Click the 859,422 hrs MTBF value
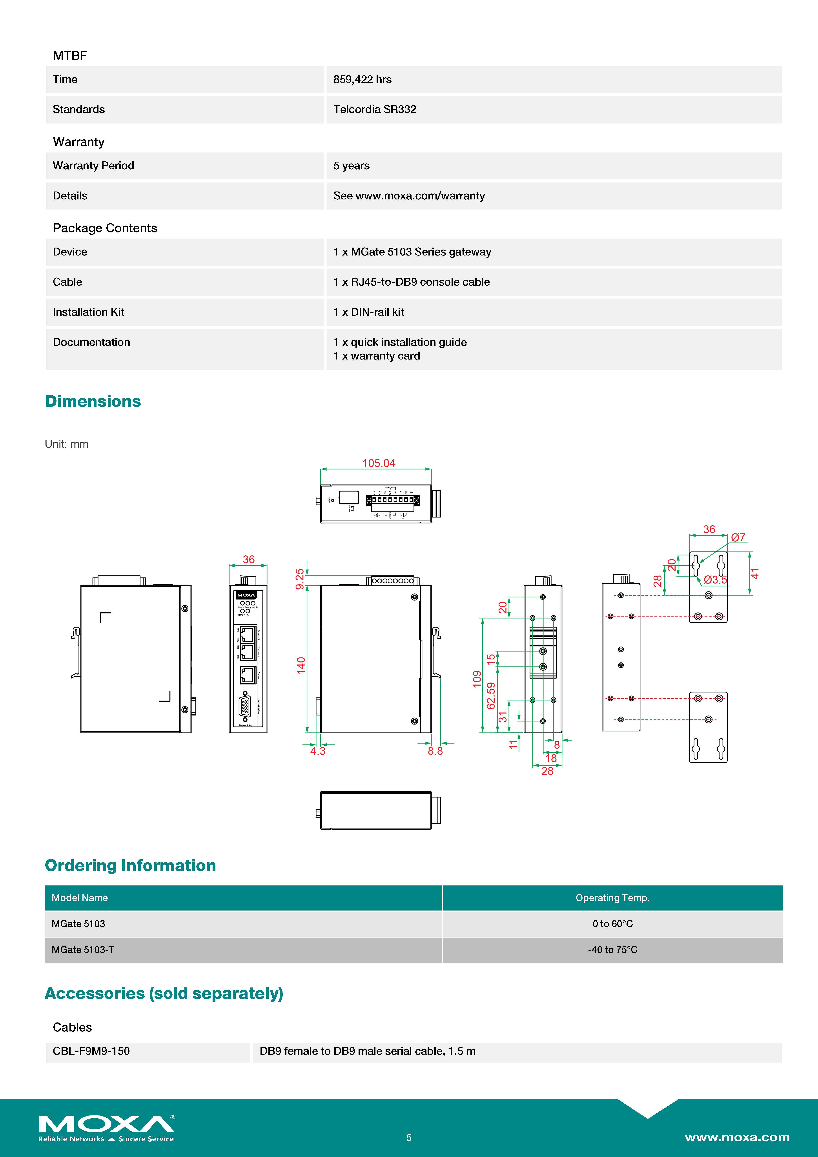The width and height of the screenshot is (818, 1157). tap(362, 80)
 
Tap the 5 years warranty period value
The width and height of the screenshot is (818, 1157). tap(351, 166)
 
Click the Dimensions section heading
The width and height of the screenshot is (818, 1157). tap(93, 401)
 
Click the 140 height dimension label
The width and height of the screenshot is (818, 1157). tap(301, 665)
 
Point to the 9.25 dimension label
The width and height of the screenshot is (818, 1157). tap(300, 579)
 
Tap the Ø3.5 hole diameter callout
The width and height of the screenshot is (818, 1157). tap(715, 580)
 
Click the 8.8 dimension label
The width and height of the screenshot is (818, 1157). tap(435, 751)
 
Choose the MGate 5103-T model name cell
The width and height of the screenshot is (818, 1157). tap(83, 949)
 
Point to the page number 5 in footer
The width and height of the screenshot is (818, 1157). tap(409, 1137)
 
